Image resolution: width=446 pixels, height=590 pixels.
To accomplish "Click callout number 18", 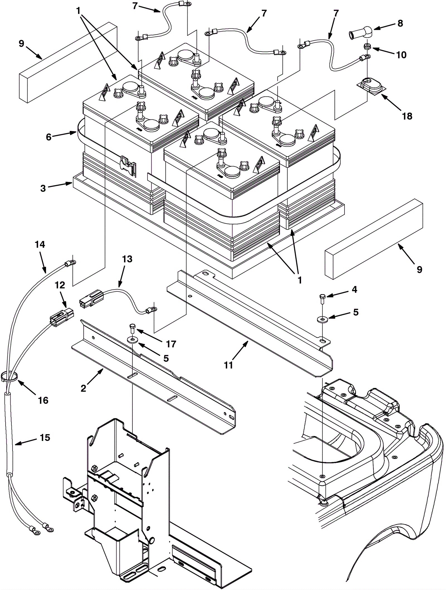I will pos(407,116).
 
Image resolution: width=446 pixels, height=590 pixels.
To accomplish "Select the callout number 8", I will pos(400,23).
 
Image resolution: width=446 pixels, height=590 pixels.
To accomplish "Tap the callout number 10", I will pos(401,55).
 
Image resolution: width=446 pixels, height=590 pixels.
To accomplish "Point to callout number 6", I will pos(49,137).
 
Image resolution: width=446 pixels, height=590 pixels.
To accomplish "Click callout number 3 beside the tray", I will pos(43,188).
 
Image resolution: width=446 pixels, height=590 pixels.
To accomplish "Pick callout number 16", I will pos(43,400).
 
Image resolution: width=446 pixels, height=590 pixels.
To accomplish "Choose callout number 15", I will pos(45,438).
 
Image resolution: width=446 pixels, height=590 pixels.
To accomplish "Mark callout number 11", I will pos(229,365).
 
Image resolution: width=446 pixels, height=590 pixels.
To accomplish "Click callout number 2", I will pos(83,388).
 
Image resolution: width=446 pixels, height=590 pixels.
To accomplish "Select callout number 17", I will pos(171,344).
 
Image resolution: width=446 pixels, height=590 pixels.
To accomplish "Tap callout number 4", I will pos(354,290).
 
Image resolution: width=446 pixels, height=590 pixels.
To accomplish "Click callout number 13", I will pos(127,259).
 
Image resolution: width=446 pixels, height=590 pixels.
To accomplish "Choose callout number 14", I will pos(40,245).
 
